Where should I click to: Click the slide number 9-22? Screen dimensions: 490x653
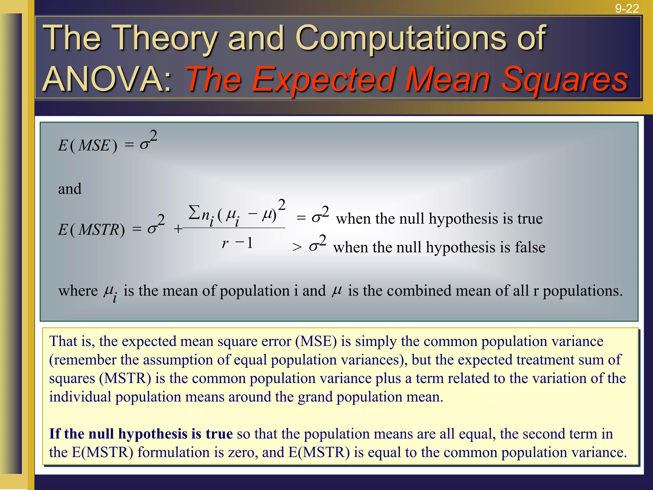click(x=627, y=9)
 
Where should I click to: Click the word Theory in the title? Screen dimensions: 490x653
click(x=165, y=39)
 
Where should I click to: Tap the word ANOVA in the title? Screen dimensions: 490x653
click(x=107, y=80)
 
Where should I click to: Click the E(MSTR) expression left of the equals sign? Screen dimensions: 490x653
click(x=91, y=230)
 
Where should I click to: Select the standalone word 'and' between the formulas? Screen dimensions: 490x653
click(x=70, y=189)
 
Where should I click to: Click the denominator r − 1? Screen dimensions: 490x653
click(x=237, y=244)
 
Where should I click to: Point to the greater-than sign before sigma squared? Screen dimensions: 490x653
click(x=297, y=247)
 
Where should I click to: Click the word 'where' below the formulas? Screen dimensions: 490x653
click(x=78, y=291)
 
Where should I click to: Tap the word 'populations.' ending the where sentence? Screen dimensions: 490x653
click(x=583, y=291)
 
